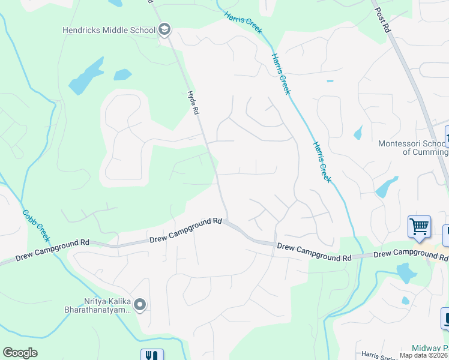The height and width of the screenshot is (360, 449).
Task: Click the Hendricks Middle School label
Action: click(109, 29)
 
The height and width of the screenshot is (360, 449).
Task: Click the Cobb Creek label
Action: click(31, 223)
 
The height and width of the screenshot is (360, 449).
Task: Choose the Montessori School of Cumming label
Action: click(412, 148)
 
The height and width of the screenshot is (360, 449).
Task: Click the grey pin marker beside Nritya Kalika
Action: click(140, 305)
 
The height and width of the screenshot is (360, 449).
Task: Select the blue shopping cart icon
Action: click(419, 227)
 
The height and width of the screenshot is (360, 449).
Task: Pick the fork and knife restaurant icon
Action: click(152, 355)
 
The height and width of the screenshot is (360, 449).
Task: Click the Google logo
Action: click(20, 353)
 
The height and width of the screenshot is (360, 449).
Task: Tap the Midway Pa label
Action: click(430, 348)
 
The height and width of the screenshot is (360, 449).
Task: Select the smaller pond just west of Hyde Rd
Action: click(122, 75)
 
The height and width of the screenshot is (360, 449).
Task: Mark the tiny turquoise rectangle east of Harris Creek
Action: click(330, 80)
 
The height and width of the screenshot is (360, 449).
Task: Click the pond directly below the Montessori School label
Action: click(387, 187)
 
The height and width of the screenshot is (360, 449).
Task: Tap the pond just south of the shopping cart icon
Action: click(406, 273)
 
